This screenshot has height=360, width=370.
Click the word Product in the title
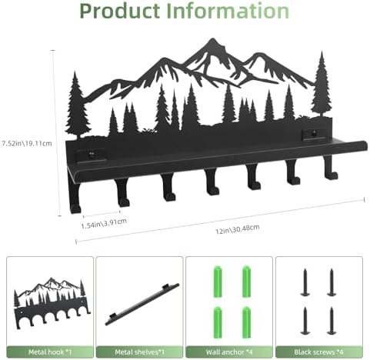tap(120, 12)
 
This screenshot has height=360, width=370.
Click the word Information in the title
tap(228, 11)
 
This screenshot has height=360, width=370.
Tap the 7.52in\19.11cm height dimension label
tap(27, 143)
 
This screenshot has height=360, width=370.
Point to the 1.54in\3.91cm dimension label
tap(104, 223)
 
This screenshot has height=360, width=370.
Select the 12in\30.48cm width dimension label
tap(237, 229)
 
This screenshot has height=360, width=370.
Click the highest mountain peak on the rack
tap(212, 40)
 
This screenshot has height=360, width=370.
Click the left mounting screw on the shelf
tap(90, 155)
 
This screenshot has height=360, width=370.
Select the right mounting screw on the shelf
tap(314, 134)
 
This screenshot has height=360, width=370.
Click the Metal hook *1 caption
tap(50, 352)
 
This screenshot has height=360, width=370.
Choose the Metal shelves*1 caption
tap(139, 352)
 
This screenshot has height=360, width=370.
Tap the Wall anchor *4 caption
tap(229, 352)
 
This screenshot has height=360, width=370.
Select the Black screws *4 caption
tap(318, 352)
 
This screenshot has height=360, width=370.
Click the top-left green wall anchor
tap(218, 282)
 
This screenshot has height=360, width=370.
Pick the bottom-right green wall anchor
tap(246, 322)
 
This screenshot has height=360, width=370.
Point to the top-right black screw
tap(332, 282)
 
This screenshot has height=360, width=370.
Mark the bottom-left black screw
tap(305, 321)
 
